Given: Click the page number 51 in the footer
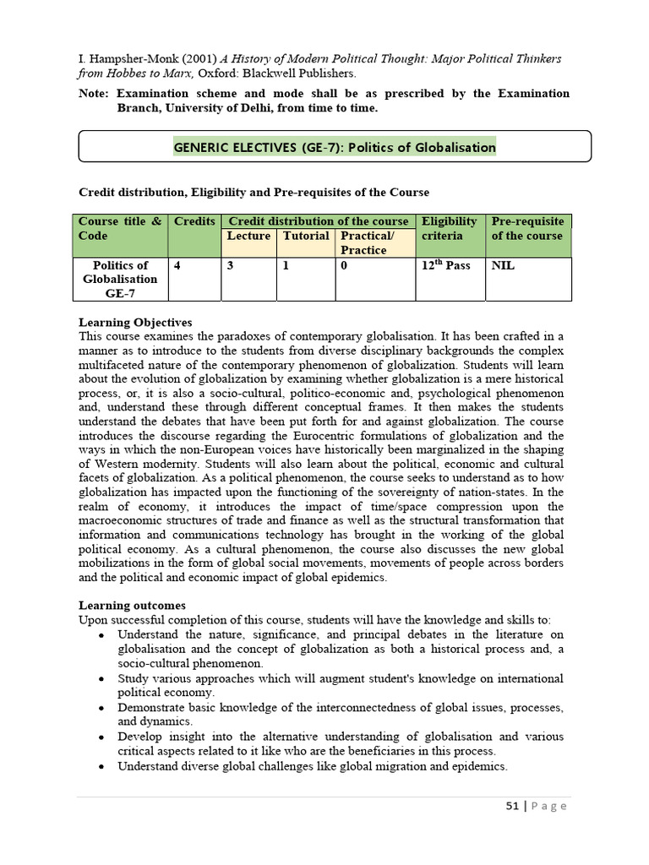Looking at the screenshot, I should (x=512, y=806).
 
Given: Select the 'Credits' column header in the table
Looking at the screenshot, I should (x=194, y=221).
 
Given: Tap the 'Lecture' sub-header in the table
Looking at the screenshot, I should (x=248, y=237).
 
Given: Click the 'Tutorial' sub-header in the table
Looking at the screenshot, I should (x=306, y=237).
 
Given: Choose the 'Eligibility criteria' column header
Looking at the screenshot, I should (x=450, y=228).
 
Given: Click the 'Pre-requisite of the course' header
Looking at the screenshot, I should (x=528, y=228).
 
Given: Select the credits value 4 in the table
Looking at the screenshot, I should (x=177, y=265).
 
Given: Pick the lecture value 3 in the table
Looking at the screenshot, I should (x=230, y=265).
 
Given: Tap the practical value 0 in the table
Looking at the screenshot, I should (x=344, y=265).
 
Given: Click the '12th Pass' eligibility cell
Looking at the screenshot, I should (x=445, y=265).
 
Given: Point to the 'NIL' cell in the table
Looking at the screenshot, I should (x=503, y=265).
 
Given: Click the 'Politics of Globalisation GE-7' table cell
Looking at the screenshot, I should (x=120, y=279).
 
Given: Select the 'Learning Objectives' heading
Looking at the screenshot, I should (x=135, y=323).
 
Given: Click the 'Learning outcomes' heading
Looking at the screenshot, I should (x=132, y=606).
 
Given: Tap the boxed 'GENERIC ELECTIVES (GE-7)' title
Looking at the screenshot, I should (x=335, y=147).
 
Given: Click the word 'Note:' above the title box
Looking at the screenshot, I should (x=94, y=94).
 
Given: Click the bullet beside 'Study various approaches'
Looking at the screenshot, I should (x=101, y=679).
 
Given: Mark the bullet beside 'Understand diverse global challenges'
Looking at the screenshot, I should (x=101, y=767).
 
